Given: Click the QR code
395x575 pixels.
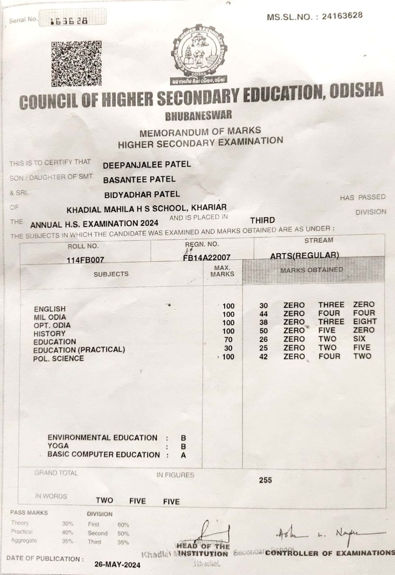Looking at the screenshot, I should (x=76, y=64).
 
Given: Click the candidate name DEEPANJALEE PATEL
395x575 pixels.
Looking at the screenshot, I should (x=147, y=165).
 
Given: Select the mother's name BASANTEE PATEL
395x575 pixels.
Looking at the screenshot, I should (x=139, y=179).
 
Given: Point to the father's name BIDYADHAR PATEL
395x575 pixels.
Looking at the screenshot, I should (x=142, y=194).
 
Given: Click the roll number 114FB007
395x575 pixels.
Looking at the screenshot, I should (x=85, y=259).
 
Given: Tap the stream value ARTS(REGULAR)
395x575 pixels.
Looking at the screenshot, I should (x=304, y=255).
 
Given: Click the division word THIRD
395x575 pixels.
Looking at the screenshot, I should (x=263, y=220).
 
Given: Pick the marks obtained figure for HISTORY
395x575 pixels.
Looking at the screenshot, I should (x=264, y=331).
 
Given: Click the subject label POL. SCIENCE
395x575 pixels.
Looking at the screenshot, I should (x=58, y=358).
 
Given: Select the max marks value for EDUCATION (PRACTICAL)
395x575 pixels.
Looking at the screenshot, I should (x=228, y=348).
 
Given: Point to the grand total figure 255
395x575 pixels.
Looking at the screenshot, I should (x=265, y=480).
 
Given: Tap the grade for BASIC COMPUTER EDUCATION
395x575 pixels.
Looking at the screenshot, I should (x=183, y=455).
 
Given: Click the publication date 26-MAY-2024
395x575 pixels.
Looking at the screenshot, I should (x=117, y=564).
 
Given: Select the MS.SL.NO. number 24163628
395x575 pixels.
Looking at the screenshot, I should (x=342, y=16).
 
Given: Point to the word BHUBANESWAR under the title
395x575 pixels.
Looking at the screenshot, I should (x=199, y=116).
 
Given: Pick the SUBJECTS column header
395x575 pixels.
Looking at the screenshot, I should (x=111, y=274).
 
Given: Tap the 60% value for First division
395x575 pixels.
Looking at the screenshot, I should (x=123, y=525).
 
